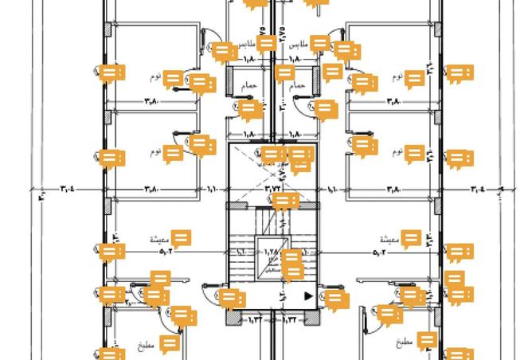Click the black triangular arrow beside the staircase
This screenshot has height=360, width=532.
coord(309,296)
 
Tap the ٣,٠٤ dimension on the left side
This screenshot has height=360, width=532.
coord(68,190)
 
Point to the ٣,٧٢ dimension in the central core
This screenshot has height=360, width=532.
coord(273,190)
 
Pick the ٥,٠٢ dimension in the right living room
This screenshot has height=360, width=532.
coord(380,253)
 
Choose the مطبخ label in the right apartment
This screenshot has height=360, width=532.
coord(404,342)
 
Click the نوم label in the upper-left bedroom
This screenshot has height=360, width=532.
coord(155,78)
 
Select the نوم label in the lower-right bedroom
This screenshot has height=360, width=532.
coord(391,151)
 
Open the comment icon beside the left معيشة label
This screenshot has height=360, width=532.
coord(182,238)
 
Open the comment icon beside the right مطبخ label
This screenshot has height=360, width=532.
coord(427,342)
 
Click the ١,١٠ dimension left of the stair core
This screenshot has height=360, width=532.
coord(213,190)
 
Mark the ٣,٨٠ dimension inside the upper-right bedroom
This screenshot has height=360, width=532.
coord(393,101)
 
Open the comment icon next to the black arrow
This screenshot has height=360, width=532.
coord(337,299)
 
